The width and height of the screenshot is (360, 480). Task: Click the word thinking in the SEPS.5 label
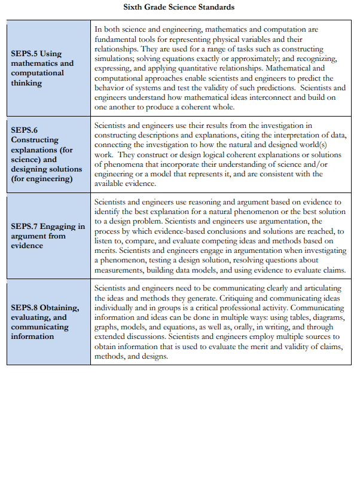click(26, 83)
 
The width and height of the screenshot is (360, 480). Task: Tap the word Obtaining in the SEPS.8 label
click(60, 307)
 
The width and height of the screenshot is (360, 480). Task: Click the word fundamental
click(117, 39)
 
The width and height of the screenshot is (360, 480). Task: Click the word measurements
click(119, 270)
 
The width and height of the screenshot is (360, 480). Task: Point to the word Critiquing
click(224, 298)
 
